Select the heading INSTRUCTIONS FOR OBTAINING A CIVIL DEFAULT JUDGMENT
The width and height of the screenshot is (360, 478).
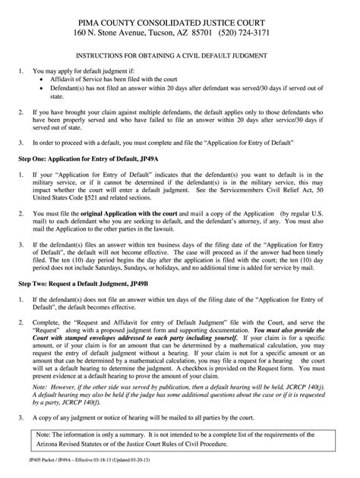[179, 58]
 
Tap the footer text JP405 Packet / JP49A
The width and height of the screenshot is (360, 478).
[49, 470]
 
